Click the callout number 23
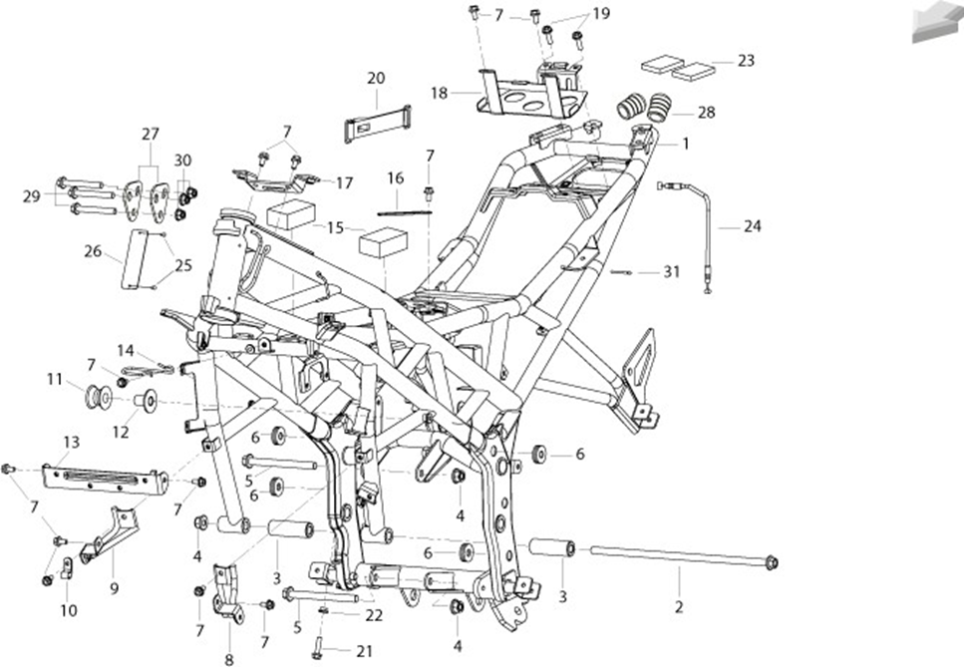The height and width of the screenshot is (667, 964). pyautogui.click(x=746, y=61)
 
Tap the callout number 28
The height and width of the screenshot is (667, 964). pyautogui.click(x=707, y=113)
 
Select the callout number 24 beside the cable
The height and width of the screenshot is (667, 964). pyautogui.click(x=752, y=227)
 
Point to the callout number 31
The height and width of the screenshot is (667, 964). pyautogui.click(x=671, y=272)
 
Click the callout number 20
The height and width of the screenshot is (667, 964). pyautogui.click(x=376, y=78)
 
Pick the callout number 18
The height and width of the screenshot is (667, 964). pyautogui.click(x=439, y=94)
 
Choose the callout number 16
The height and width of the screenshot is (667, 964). pyautogui.click(x=396, y=178)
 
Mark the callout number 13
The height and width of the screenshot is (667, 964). pyautogui.click(x=72, y=442)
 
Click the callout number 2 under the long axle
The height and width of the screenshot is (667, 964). pyautogui.click(x=679, y=607)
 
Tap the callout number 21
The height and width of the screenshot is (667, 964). pyautogui.click(x=365, y=652)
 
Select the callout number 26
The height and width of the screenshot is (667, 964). pyautogui.click(x=93, y=251)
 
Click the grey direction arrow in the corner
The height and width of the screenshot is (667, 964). pyautogui.click(x=937, y=22)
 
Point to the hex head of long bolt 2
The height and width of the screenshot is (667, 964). pyautogui.click(x=772, y=562)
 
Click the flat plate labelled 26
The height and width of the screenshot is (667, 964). pyautogui.click(x=134, y=259)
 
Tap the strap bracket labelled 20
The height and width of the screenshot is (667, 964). pyautogui.click(x=378, y=124)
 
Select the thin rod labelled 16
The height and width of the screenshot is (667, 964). pyautogui.click(x=405, y=213)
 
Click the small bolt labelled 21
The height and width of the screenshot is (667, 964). pyautogui.click(x=317, y=648)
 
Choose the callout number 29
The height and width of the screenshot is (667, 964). pyautogui.click(x=31, y=196)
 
